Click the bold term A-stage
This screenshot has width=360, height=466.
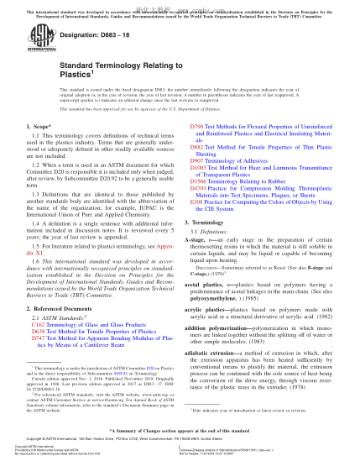pyautogui.click(x=195, y=215)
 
